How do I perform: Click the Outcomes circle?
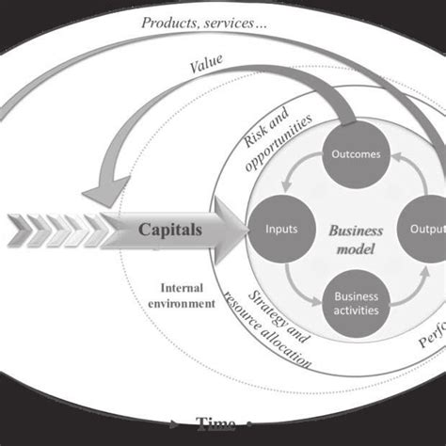point(356,154)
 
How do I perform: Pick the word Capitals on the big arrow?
point(170,229)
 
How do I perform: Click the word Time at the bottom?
point(214,422)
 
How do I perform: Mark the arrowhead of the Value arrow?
point(104,192)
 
